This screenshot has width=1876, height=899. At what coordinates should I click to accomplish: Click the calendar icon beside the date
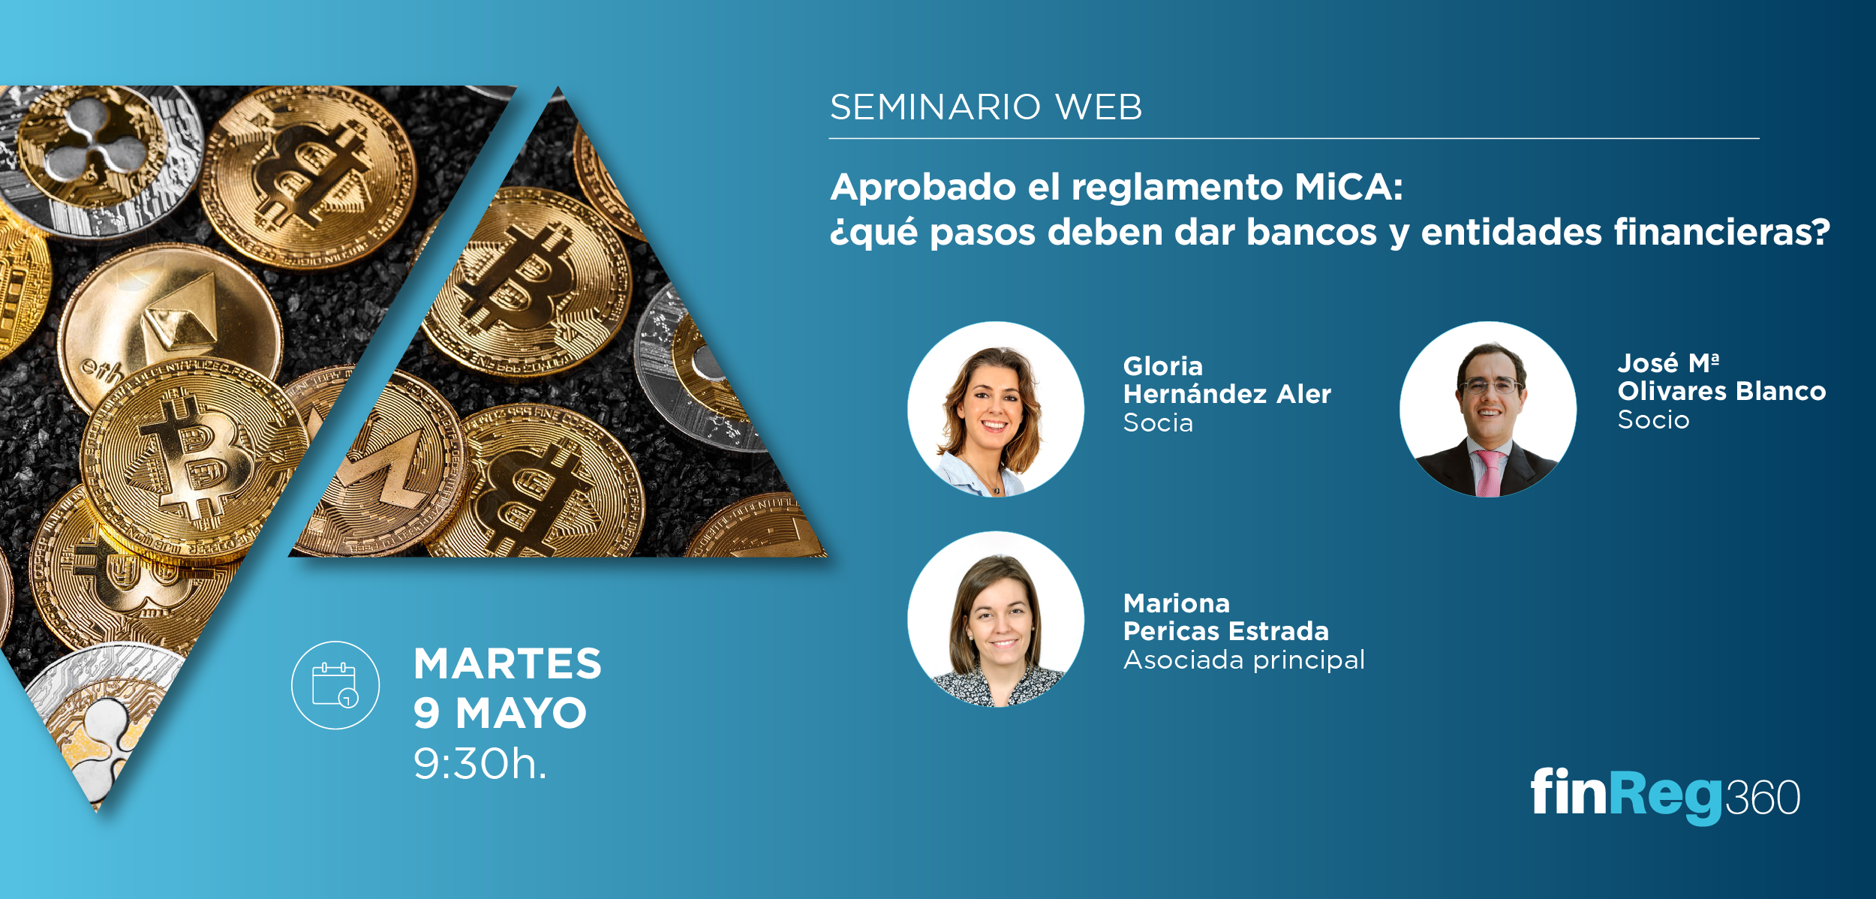335,685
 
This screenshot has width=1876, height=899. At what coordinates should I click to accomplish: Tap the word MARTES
507,664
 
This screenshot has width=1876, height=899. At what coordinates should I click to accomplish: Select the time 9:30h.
480,764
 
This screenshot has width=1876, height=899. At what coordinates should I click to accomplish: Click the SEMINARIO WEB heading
986,107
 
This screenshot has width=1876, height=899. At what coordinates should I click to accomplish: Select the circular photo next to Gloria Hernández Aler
996,410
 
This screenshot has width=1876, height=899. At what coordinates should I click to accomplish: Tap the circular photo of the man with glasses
1488,410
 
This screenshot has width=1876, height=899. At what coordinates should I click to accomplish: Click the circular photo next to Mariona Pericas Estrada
996,619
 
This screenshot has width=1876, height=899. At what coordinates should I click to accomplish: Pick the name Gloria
1163,366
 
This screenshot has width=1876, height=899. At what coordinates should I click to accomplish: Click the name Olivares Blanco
1721,391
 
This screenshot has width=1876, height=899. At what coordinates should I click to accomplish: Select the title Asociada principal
1243,660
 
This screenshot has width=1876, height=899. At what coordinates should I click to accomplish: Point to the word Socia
1158,422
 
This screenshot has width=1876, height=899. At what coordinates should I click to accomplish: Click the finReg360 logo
1665,795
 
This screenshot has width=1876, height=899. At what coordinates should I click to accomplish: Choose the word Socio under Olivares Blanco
1653,419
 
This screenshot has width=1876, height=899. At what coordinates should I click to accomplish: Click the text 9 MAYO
500,713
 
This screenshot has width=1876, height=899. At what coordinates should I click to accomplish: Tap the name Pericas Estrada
1225,631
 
